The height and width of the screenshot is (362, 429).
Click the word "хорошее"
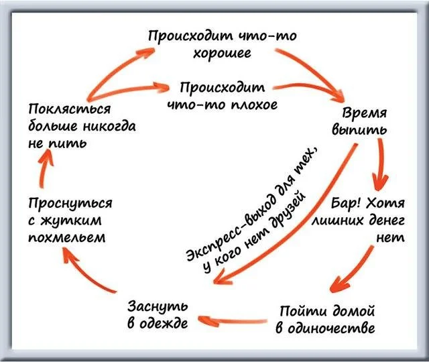(222, 52)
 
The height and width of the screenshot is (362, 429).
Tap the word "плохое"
(254, 105)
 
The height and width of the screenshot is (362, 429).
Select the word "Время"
(365, 113)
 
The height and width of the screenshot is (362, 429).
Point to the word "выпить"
(359, 129)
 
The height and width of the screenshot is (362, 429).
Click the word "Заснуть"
(158, 306)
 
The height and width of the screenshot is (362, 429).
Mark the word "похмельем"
(67, 237)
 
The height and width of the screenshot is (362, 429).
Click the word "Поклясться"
(70, 109)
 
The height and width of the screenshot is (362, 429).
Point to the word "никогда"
(109, 127)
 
